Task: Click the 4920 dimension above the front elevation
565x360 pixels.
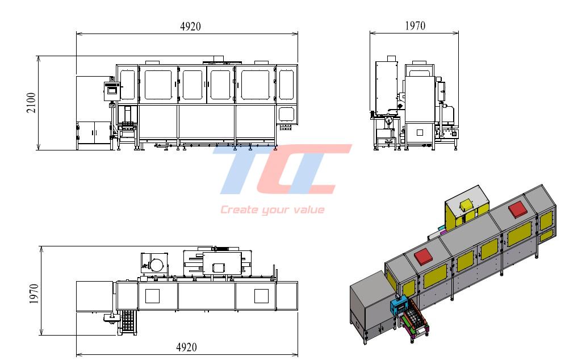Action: point(190,26)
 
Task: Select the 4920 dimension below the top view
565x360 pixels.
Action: point(186,347)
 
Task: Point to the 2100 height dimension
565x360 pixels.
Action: point(31,103)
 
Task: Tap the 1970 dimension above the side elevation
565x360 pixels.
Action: point(415,26)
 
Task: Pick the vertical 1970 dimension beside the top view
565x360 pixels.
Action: point(34,294)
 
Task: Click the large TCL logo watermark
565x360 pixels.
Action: point(282,169)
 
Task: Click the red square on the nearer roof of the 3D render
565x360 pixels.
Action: point(424,256)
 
